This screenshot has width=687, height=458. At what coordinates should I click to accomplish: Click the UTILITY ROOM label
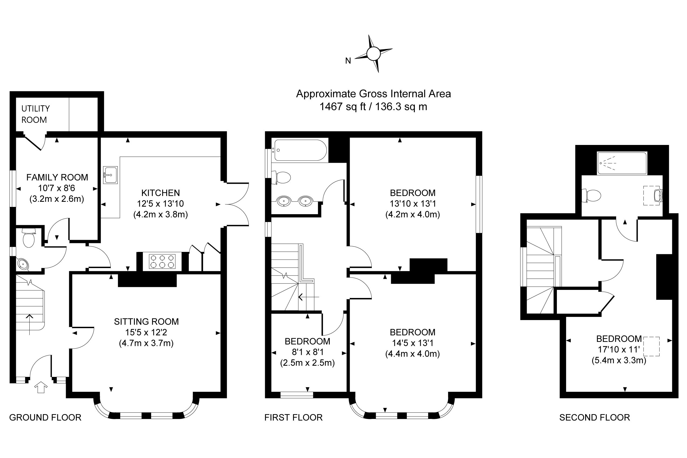tap(35, 114)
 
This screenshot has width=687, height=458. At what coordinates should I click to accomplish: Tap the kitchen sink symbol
tap(110, 175)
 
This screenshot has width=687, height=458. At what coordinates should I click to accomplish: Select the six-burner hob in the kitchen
tap(162, 261)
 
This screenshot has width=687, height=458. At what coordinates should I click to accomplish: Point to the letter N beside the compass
tap(348, 61)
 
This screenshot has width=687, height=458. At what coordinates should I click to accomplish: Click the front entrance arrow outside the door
tap(41, 387)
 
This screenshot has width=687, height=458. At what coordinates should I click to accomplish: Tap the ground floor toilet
tap(29, 238)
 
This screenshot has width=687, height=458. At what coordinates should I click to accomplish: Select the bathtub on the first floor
tap(300, 150)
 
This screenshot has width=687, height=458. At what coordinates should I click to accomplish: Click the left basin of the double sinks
tap(284, 201)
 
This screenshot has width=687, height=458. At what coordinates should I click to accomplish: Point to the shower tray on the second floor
tap(622, 163)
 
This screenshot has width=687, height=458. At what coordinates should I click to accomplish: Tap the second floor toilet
tap(591, 195)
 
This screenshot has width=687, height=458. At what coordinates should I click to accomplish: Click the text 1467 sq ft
tap(342, 107)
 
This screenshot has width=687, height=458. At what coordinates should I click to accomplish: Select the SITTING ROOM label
tap(146, 322)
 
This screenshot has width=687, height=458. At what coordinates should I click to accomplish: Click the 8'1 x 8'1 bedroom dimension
tap(307, 352)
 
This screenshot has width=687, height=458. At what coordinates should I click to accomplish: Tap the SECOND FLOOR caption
tap(594, 417)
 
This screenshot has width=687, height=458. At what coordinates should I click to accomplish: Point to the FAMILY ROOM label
tap(57, 177)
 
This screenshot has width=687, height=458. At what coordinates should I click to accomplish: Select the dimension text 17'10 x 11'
tap(619, 349)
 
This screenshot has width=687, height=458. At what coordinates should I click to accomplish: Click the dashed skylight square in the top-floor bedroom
tap(652, 346)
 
